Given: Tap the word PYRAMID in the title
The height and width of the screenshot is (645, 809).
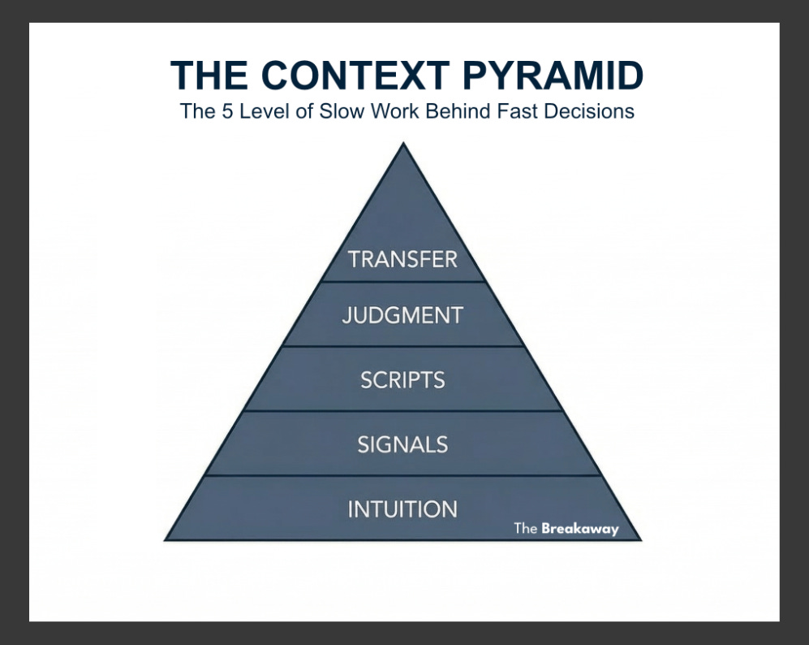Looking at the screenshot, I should point(553,76).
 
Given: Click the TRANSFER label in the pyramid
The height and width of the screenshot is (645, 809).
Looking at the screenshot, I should point(402,260).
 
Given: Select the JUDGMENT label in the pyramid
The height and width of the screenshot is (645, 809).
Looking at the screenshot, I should point(402,315).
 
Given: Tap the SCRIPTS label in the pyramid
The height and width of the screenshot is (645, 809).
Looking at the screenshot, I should point(402,380).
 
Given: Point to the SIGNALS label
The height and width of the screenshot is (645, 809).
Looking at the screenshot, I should point(402,444).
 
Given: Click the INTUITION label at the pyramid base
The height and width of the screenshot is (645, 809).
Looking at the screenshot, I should point(402,509).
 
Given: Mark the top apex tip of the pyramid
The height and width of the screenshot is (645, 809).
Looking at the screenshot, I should point(402,144).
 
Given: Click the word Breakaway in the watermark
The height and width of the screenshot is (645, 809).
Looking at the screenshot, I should point(579,529).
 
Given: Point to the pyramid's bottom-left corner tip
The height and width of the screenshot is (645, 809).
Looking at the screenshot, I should point(166,539).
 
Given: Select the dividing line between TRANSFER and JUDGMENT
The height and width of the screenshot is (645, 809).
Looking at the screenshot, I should point(402,282).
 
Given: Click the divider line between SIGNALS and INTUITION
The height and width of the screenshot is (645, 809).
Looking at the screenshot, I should point(402,475).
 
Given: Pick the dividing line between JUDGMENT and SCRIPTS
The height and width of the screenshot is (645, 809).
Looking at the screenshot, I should point(402,346).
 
